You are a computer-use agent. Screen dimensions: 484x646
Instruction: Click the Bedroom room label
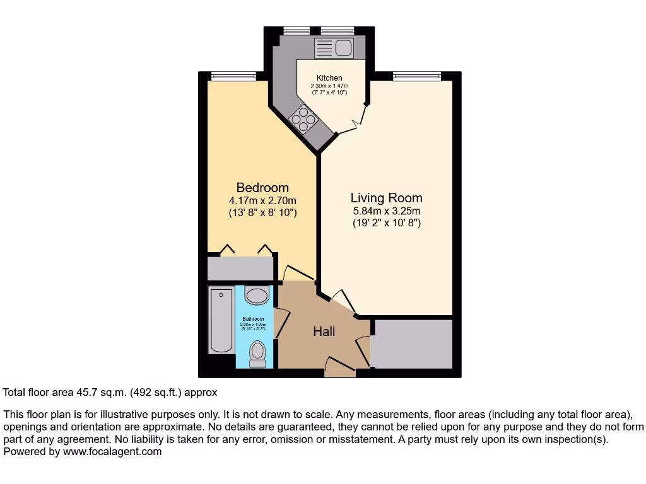point(262,188)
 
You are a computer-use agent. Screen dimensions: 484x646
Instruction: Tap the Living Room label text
point(386,198)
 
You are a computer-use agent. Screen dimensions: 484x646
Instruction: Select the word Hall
point(324,331)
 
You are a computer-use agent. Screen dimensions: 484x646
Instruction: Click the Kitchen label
point(329,78)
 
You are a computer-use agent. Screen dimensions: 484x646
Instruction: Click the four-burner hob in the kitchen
point(303,119)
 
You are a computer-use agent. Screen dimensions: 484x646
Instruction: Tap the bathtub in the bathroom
point(221,320)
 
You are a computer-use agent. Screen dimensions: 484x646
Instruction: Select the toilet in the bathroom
point(257,354)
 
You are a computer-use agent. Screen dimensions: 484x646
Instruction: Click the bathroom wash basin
point(257,296)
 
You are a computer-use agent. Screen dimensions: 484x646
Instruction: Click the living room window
point(416,76)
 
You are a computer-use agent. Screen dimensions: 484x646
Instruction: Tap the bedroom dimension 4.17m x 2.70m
point(262,201)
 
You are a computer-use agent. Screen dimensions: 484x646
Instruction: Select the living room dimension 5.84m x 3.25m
point(386,211)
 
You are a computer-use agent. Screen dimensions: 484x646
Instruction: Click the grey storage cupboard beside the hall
point(412,344)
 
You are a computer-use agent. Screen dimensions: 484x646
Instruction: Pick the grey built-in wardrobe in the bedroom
point(240,268)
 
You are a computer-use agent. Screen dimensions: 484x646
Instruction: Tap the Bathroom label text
point(255,320)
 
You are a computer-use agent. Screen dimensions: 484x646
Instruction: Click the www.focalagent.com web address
point(112,451)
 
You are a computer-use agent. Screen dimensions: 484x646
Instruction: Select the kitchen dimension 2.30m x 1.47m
point(329,86)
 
